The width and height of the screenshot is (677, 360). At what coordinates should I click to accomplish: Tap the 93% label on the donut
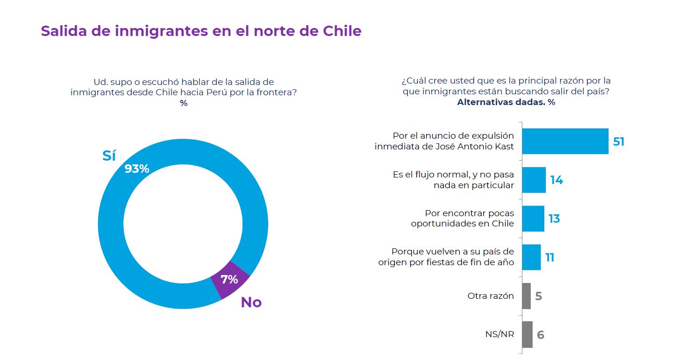tap(137, 169)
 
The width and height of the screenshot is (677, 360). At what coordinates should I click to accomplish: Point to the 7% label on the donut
tap(229, 280)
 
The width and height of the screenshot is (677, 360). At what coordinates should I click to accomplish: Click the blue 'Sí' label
tap(109, 155)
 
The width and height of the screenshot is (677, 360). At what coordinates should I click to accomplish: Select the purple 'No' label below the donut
tap(251, 303)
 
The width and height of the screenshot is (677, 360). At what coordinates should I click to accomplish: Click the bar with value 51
tap(565, 141)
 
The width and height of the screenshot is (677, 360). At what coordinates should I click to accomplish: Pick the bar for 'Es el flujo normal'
tap(534, 180)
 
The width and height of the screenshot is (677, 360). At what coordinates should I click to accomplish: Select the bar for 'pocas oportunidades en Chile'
tap(533, 219)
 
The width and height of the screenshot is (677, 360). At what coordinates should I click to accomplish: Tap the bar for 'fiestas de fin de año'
tap(531, 257)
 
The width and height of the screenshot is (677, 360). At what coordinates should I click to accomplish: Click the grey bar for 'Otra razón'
tap(526, 296)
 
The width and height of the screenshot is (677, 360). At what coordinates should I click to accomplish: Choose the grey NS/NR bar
tap(527, 334)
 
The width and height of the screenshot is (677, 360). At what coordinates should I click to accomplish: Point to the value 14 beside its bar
tap(556, 180)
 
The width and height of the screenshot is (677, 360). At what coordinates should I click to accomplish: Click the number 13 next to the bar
tap(554, 219)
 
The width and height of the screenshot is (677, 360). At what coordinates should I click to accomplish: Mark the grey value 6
tap(541, 335)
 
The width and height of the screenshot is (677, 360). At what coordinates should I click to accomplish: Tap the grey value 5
tap(539, 296)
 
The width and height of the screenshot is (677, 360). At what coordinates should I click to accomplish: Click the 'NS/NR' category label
tap(499, 334)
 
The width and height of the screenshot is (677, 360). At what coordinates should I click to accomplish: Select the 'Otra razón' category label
tap(491, 296)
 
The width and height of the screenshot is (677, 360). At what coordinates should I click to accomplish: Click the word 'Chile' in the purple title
tap(342, 31)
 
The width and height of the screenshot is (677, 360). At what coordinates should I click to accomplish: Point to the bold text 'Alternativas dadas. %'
tap(506, 102)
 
